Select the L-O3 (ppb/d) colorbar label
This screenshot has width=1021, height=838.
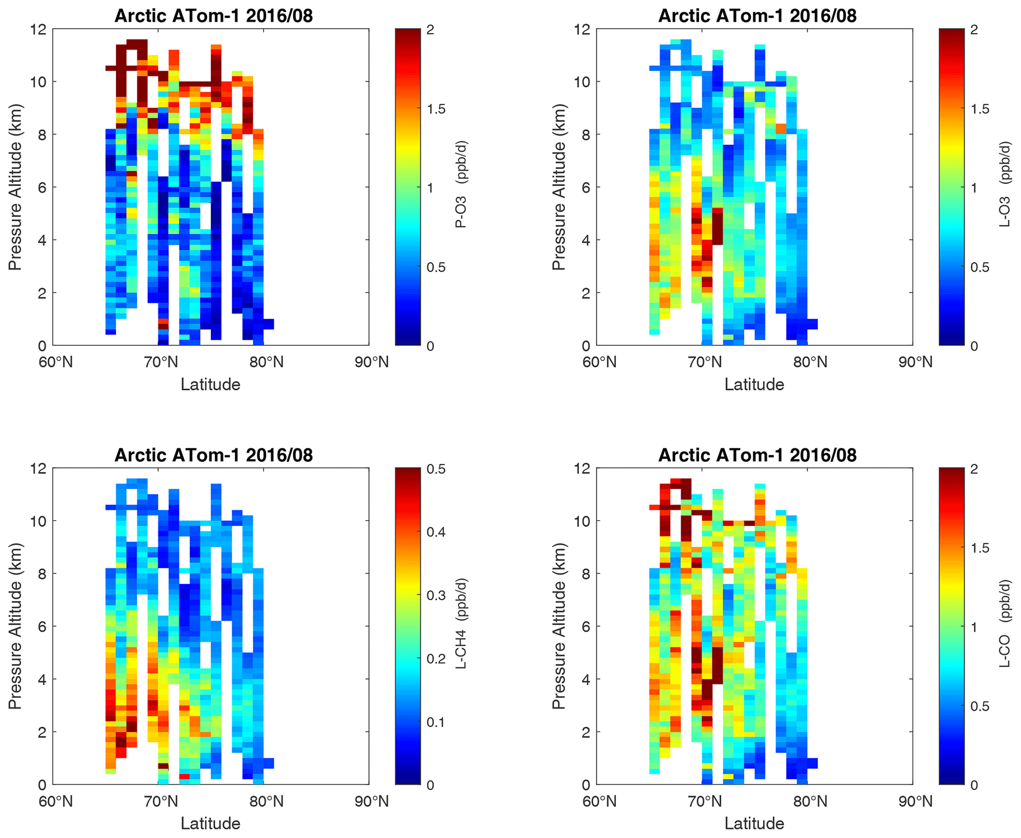[x=1005, y=184]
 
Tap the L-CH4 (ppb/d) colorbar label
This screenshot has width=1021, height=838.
[x=461, y=623]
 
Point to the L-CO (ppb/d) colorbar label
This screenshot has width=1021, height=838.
[x=1005, y=623]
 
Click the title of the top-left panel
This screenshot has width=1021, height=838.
[x=213, y=16]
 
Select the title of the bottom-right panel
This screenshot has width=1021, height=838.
[x=757, y=455]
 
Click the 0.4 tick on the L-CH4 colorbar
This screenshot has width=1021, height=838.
[x=436, y=532]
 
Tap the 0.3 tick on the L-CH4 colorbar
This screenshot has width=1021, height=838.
[x=436, y=595]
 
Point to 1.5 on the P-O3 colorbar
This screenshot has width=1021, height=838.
[x=436, y=109]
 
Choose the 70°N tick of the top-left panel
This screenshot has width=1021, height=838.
[x=161, y=362]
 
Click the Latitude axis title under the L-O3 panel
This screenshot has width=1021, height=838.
[x=754, y=385]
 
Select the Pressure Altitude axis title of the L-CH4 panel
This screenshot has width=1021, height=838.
[x=15, y=626]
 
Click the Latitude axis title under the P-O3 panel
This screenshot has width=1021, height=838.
[x=210, y=385]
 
